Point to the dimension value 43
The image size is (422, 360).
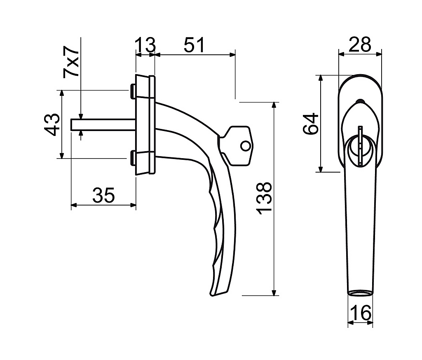[52, 124]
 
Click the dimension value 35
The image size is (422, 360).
[103, 195]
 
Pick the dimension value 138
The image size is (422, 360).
[264, 198]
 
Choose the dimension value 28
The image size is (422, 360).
[360, 44]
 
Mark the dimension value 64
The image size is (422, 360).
[311, 124]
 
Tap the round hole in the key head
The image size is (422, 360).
[245, 146]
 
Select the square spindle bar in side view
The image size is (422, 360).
[103, 124]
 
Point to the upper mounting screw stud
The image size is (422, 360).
[133, 91]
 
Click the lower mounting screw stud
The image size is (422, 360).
[133, 158]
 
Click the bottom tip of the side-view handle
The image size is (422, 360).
[213, 295]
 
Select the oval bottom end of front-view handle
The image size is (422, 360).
[360, 293]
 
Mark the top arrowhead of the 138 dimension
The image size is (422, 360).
[274, 105]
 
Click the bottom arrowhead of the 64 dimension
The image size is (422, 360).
[320, 169]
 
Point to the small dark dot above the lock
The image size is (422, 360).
[360, 101]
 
